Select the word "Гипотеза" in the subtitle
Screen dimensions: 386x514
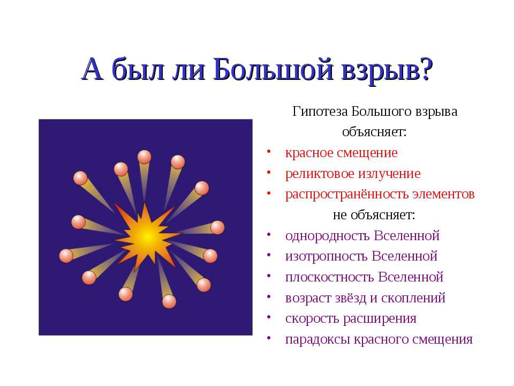[x=319, y=112]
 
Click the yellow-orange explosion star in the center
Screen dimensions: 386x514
[x=146, y=234]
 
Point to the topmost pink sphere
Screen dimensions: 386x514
[x=145, y=157]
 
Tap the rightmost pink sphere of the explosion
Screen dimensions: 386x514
[x=217, y=227]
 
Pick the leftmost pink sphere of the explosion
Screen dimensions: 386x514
[x=66, y=256]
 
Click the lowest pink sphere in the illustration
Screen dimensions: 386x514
[x=169, y=301]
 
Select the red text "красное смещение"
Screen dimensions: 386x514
[x=341, y=153]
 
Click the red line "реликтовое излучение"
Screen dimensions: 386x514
[x=353, y=174]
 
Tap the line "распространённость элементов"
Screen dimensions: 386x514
[x=380, y=194]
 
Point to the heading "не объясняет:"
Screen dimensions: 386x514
[x=374, y=215]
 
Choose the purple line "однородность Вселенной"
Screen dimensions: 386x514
[x=362, y=236]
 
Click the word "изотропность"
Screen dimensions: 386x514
[x=326, y=256]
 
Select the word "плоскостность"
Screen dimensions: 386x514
[x=330, y=277]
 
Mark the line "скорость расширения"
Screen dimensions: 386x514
[x=351, y=318]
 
